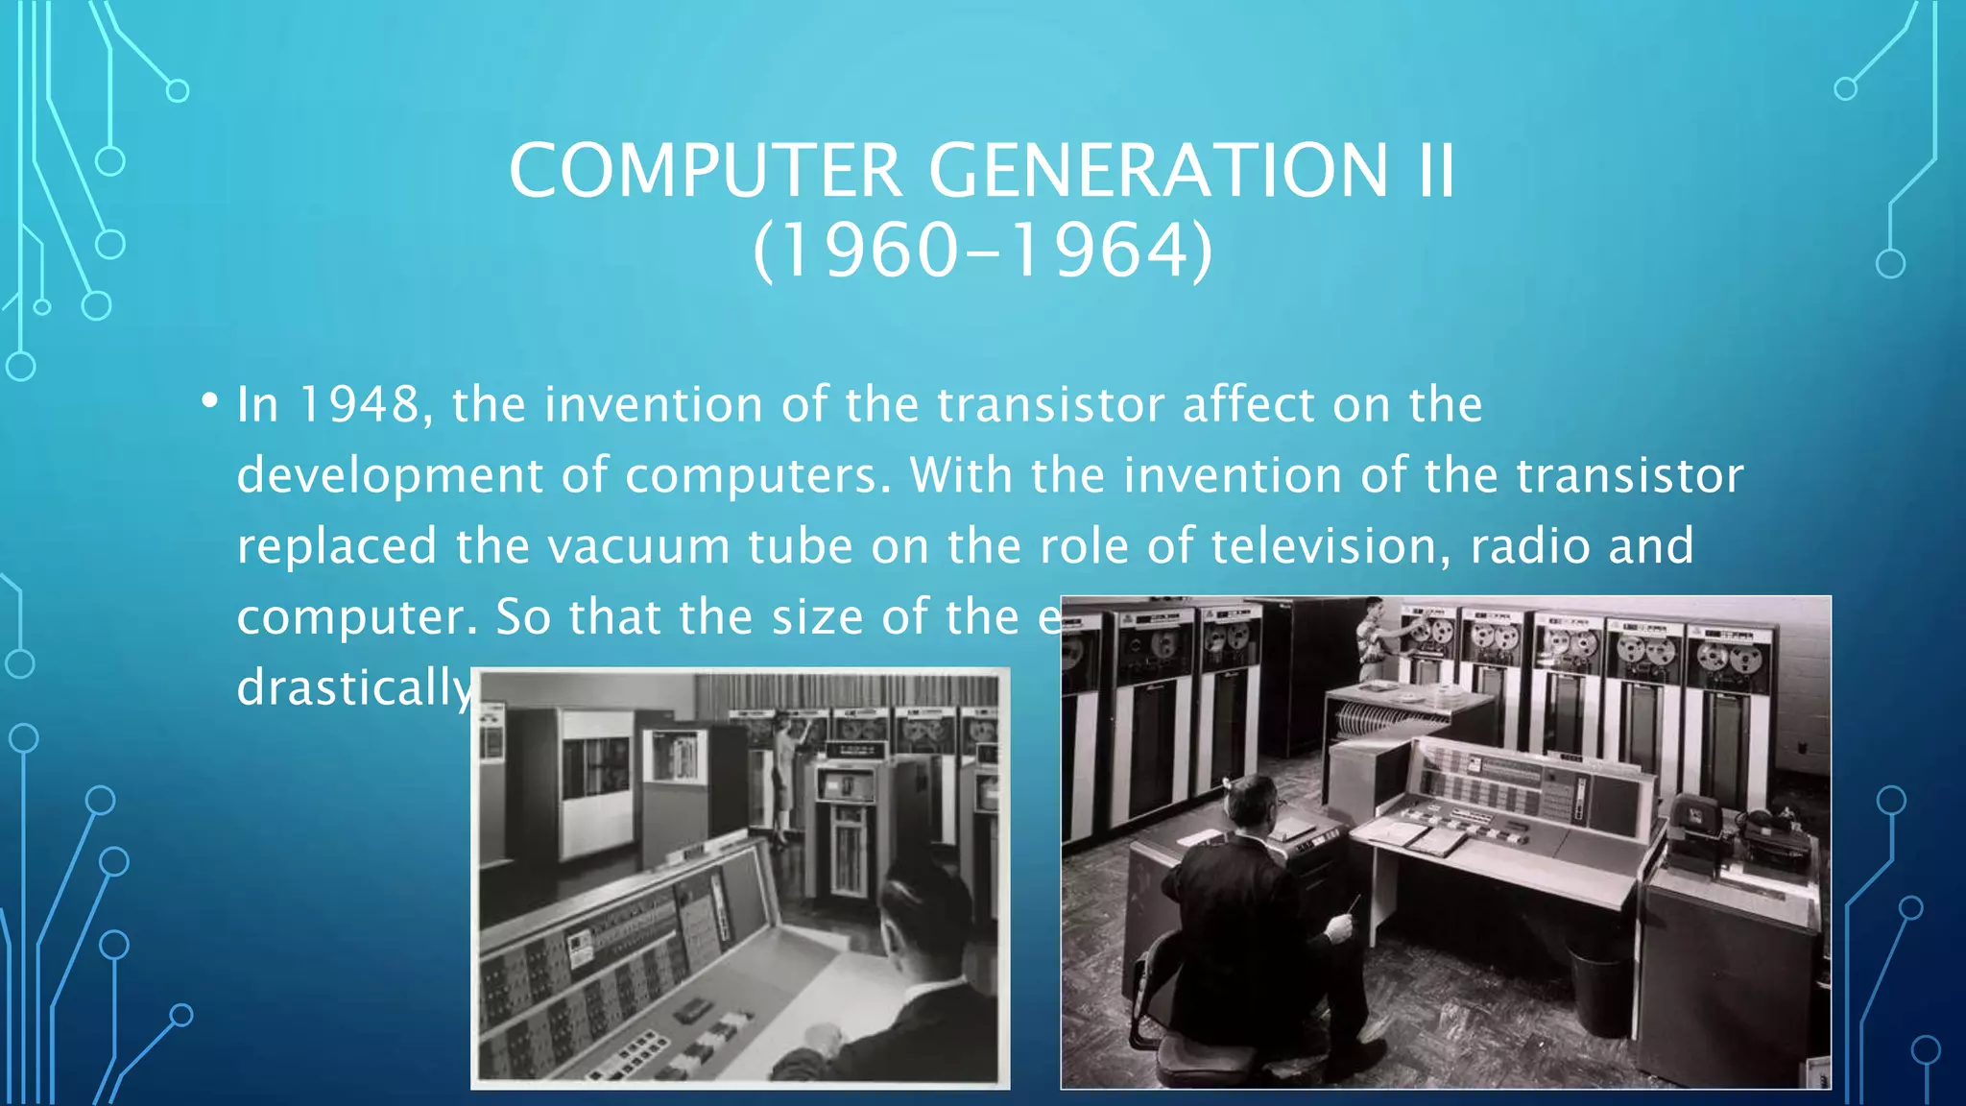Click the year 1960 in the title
click(x=856, y=252)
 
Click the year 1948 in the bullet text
click(x=360, y=404)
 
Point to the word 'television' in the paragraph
click(x=1331, y=546)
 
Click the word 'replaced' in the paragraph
click(x=337, y=546)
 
